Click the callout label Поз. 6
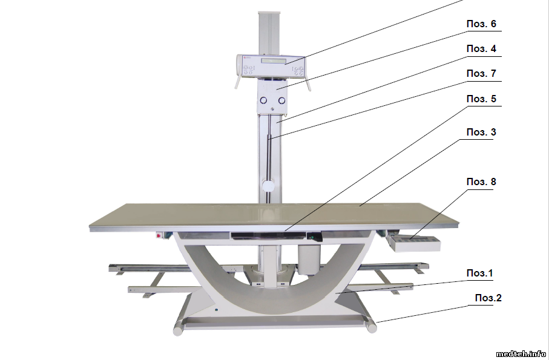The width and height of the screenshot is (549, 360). [x=481, y=24]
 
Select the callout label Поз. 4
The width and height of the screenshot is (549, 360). [x=481, y=48]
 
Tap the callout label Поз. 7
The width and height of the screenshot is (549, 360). [x=481, y=73]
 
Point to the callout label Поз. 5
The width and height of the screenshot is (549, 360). [x=481, y=99]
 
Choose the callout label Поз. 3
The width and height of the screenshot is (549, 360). [x=481, y=132]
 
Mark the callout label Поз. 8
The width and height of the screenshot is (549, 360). [x=481, y=182]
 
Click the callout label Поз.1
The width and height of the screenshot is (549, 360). [x=479, y=273]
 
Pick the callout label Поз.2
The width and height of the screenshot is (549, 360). [x=488, y=298]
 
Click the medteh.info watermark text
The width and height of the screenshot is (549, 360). [x=521, y=353]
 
